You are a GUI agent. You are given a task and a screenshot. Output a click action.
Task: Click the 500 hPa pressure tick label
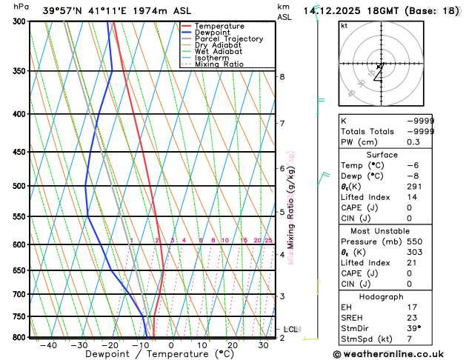point(19,186)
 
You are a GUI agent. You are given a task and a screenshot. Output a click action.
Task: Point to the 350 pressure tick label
point(19,71)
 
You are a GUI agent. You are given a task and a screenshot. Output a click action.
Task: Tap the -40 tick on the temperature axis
point(49,345)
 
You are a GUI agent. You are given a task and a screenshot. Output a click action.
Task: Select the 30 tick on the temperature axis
point(264,345)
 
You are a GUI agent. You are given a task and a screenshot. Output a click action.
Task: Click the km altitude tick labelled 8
point(282,76)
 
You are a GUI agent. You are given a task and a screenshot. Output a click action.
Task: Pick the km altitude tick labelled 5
point(282,212)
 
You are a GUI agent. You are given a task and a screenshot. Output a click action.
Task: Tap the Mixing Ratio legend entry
point(223,64)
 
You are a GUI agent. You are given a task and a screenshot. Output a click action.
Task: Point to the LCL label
point(291,329)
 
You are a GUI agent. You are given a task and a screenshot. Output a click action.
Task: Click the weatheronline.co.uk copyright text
point(393,354)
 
